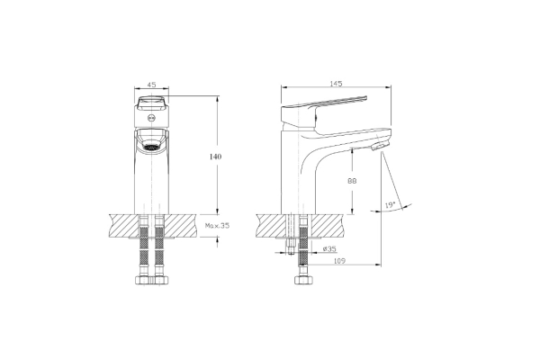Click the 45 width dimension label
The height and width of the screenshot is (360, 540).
click(x=151, y=85)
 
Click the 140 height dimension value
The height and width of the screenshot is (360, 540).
click(x=216, y=157)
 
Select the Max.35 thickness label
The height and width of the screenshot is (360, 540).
click(x=217, y=226)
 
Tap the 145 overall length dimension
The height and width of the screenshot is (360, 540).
click(x=336, y=84)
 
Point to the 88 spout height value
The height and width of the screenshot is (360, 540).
click(x=352, y=181)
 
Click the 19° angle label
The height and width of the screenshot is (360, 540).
click(x=390, y=205)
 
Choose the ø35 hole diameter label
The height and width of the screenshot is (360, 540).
click(x=329, y=248)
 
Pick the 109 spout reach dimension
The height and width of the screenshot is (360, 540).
click(x=339, y=261)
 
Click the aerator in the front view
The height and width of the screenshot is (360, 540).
click(x=151, y=147)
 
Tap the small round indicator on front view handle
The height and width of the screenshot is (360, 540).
click(x=151, y=118)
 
